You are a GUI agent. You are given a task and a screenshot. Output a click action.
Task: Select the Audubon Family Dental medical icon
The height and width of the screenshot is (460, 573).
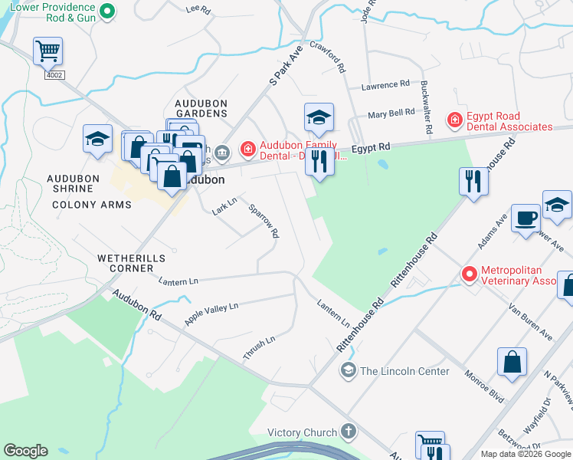[x=248, y=148]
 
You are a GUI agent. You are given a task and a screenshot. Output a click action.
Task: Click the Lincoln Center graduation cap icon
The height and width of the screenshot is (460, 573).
[x=348, y=371]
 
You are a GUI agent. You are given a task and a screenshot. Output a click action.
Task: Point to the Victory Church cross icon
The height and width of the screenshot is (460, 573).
[x=349, y=432]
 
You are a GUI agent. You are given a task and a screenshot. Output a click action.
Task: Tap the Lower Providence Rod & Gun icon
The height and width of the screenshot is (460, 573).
[x=107, y=11]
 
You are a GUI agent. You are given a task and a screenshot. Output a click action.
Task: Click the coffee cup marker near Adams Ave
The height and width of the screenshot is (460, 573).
[x=526, y=217]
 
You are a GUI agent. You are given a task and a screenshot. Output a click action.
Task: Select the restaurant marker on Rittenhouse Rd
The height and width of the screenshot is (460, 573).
[x=473, y=181]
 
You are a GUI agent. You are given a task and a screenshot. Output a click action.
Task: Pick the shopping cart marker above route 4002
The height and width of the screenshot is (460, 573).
[x=47, y=51]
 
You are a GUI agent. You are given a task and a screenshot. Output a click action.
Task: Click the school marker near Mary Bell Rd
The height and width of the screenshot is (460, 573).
[x=319, y=117]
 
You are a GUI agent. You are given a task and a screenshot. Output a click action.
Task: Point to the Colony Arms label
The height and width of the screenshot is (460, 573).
[x=92, y=205]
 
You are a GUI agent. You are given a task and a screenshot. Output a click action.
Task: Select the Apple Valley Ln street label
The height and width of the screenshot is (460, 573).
[x=211, y=314]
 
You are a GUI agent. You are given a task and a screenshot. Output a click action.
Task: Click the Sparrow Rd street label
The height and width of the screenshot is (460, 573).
[x=263, y=221]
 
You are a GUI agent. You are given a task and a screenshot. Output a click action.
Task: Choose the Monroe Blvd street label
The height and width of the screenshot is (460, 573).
[x=484, y=385]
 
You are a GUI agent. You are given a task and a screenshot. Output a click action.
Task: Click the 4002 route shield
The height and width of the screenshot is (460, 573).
[x=54, y=75]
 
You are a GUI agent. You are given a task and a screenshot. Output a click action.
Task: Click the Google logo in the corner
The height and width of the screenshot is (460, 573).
[x=25, y=451]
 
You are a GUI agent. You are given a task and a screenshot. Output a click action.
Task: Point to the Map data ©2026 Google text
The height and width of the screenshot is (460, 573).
[x=525, y=454]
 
